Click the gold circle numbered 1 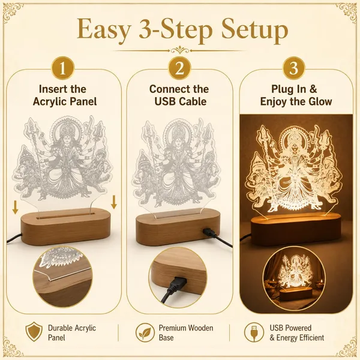pos(62,68)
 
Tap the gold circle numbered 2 pos(179,68)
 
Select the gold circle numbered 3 pos(293,68)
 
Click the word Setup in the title pos(254,31)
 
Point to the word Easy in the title pos(104,31)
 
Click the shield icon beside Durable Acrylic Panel pos(34,332)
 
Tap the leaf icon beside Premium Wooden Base pos(145,332)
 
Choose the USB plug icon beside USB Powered pos(254,332)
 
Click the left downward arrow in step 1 pos(16,207)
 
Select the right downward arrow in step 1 pos(114,202)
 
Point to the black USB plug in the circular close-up pos(176,284)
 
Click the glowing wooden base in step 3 pos(296,229)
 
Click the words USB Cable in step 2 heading pos(180,101)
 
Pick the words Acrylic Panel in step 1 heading pos(65,101)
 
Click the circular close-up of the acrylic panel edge pos(63,277)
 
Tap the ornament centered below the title pos(180,50)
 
